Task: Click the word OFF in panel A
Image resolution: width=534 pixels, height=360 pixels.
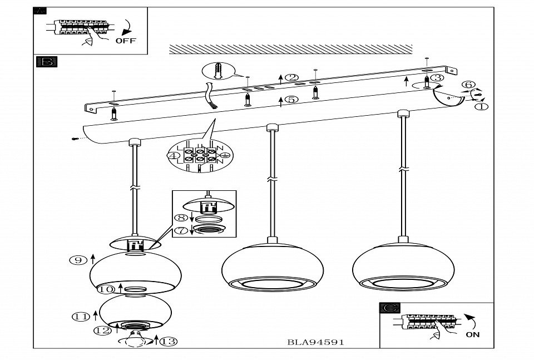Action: [125, 41]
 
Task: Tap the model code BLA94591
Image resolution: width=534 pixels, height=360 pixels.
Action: [315, 342]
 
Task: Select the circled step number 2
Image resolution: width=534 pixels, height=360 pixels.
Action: [292, 78]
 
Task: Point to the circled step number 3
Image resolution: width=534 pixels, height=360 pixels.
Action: [438, 78]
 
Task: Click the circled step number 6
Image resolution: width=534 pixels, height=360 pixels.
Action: [468, 85]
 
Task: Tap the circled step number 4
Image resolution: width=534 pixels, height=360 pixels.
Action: [174, 156]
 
